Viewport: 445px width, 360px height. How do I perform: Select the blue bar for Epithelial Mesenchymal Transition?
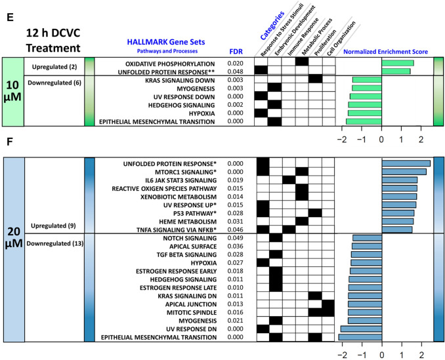360,337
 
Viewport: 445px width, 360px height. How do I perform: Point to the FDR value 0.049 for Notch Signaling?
235,237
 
